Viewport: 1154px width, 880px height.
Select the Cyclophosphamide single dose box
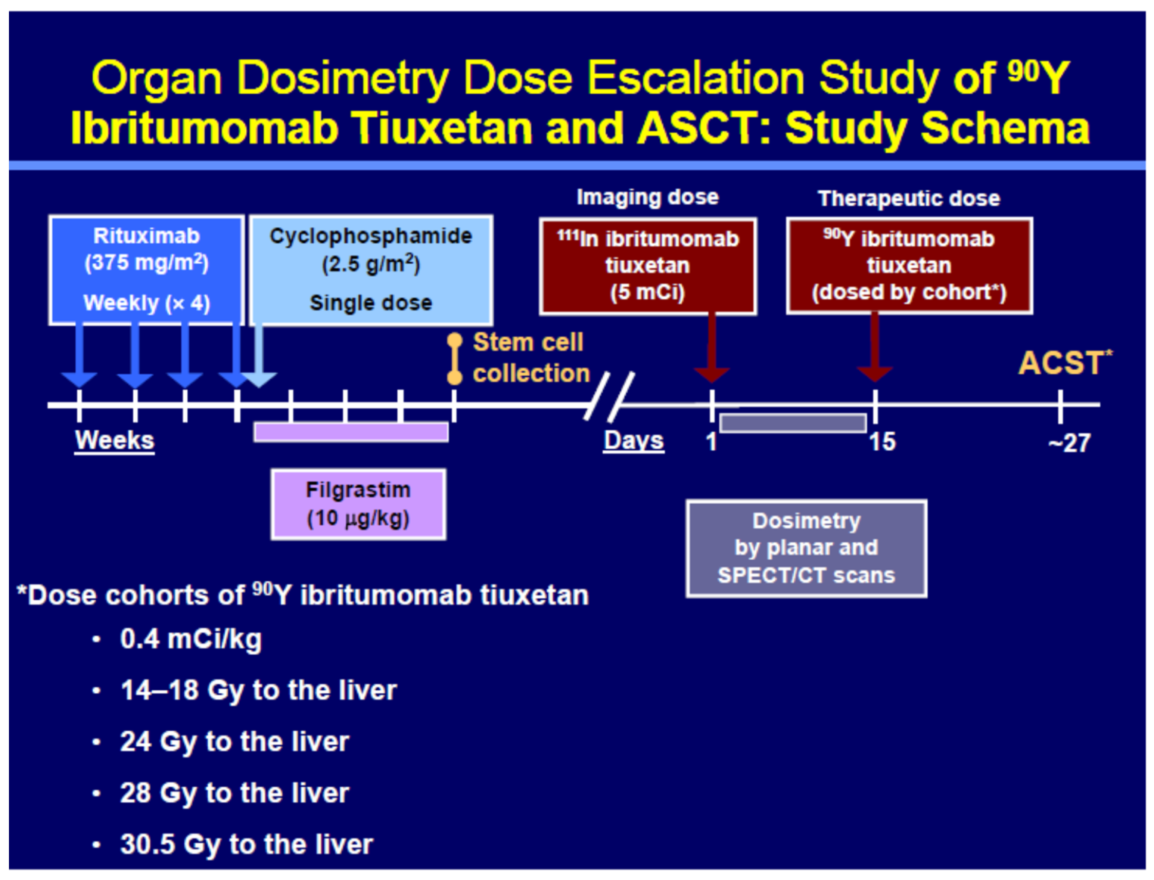371,270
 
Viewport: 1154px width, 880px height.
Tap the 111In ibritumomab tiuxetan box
648,266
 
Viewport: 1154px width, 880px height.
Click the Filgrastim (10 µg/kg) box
358,504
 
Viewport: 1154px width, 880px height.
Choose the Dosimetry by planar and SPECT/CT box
807,548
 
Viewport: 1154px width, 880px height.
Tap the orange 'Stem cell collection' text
531,358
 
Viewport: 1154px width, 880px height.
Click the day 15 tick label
883,442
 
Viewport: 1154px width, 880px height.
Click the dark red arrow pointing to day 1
712,348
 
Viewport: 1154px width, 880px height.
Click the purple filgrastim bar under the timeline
351,432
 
